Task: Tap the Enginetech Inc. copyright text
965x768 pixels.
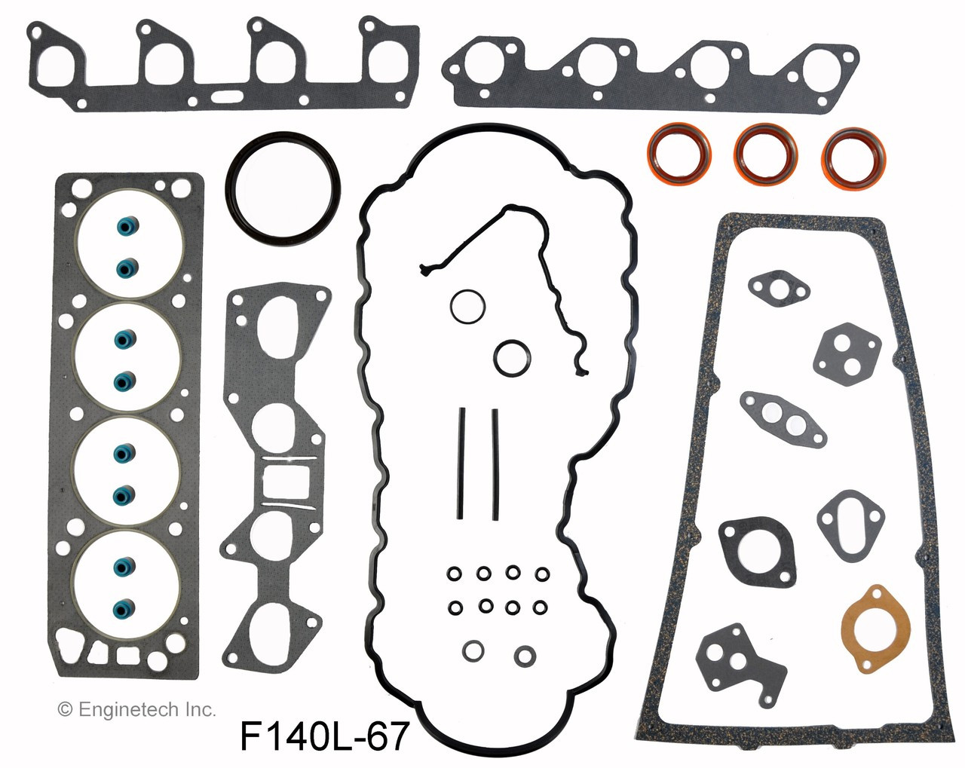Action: pos(137,708)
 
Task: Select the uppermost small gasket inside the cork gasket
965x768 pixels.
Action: pos(777,286)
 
